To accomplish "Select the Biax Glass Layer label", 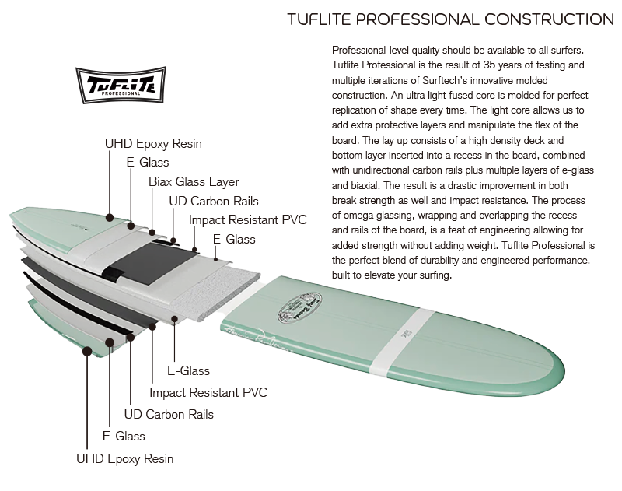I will (194, 182).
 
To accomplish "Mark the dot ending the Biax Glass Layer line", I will (153, 231).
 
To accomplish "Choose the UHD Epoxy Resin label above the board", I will (153, 144).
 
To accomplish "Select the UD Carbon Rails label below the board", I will (169, 415).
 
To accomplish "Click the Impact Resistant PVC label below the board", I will (208, 393).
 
